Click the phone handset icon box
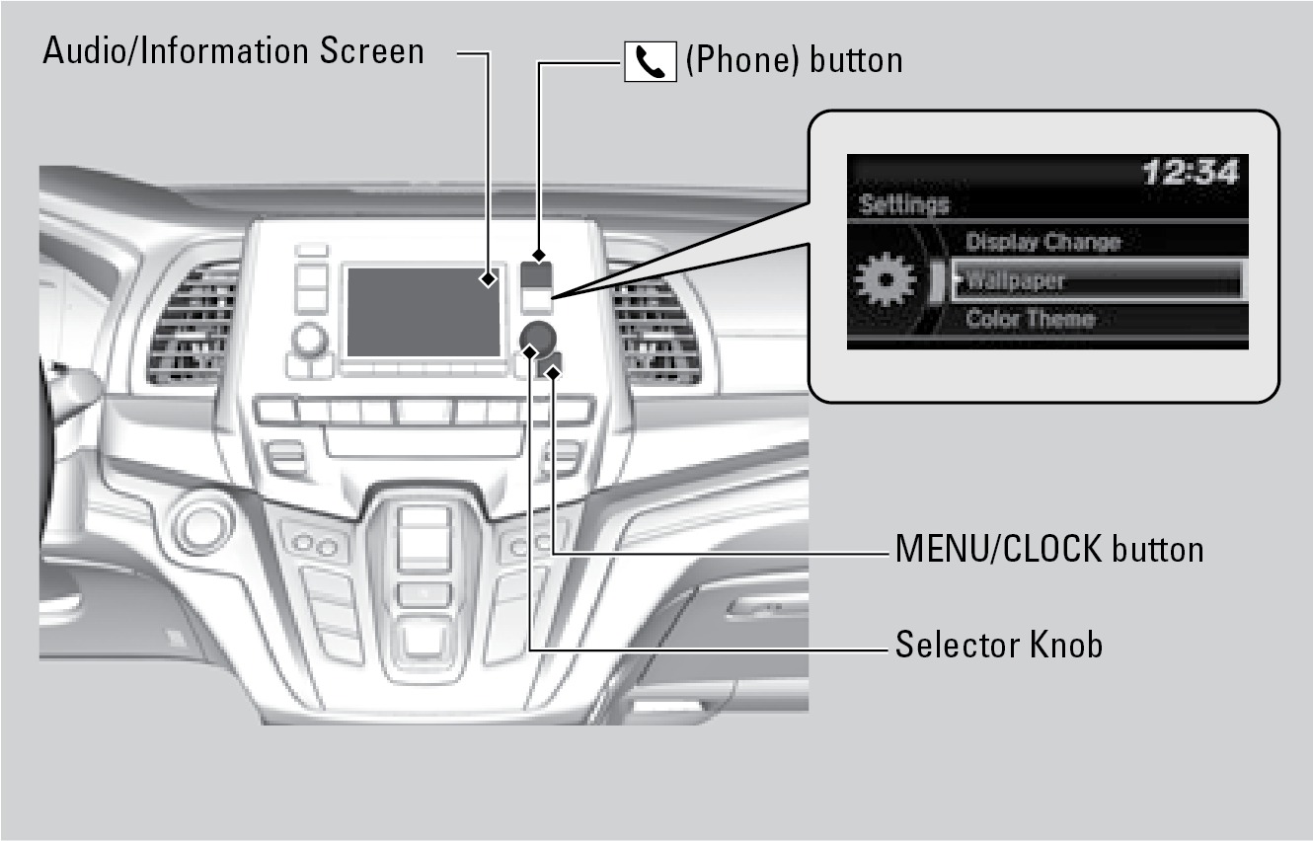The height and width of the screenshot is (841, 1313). [x=650, y=61]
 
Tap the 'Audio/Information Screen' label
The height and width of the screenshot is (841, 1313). [x=233, y=51]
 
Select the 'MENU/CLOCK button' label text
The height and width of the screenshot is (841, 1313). [x=1049, y=549]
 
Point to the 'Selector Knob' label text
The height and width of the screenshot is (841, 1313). [x=999, y=645]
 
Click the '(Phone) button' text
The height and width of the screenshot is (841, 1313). [x=795, y=60]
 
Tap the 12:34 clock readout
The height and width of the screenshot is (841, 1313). [x=1191, y=173]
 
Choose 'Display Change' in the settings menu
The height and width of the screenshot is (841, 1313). [x=1043, y=242]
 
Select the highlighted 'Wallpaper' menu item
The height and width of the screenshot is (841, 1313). [x=1096, y=280]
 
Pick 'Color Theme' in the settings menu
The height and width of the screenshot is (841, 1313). [x=1031, y=319]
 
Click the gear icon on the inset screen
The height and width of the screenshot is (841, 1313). [x=886, y=279]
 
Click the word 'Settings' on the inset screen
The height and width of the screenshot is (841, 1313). [x=904, y=204]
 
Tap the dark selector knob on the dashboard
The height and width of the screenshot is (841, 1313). [x=537, y=339]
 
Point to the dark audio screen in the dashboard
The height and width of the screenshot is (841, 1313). [x=424, y=312]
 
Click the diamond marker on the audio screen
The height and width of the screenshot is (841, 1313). [x=488, y=278]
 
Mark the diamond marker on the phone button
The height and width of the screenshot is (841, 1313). [x=539, y=255]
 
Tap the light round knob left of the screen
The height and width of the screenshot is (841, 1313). [x=309, y=340]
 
